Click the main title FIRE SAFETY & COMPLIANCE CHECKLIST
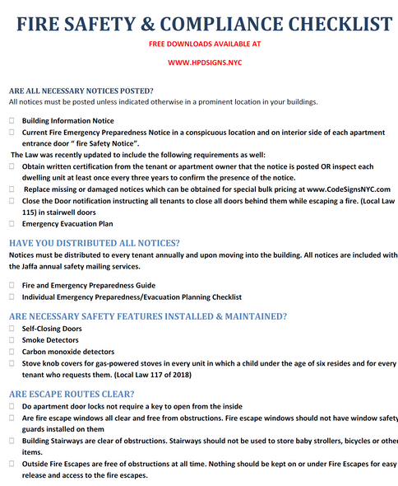tap(199, 21)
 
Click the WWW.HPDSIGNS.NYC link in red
tap(199, 61)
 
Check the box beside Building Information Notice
tap(12, 120)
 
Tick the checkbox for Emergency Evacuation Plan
tap(12, 223)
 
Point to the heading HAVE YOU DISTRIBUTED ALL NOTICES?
tap(94, 243)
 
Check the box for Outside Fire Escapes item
tap(12, 464)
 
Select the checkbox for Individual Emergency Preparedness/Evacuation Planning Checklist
tap(12, 297)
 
